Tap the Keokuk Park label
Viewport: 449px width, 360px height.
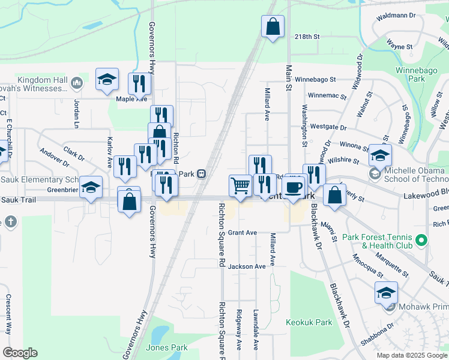309,322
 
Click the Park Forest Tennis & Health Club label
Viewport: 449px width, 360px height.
378,241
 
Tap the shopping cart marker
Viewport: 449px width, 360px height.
240,185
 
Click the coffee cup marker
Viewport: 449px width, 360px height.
293,187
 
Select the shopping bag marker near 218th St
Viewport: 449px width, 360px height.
273,26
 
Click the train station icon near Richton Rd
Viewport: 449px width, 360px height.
202,174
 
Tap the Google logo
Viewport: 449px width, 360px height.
20,353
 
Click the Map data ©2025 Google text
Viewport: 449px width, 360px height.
412,355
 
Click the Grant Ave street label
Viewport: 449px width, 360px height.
243,232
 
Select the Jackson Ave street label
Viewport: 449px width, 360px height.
246,266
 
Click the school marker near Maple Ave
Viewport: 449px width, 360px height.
107,79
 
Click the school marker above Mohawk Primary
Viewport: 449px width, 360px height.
386,293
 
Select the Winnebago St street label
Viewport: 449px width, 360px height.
315,79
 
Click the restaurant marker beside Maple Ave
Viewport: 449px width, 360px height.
139,85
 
